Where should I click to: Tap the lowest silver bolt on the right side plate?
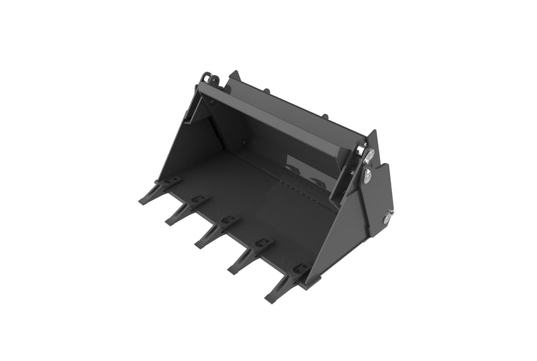(388, 217)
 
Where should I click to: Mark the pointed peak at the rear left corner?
(233, 74)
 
